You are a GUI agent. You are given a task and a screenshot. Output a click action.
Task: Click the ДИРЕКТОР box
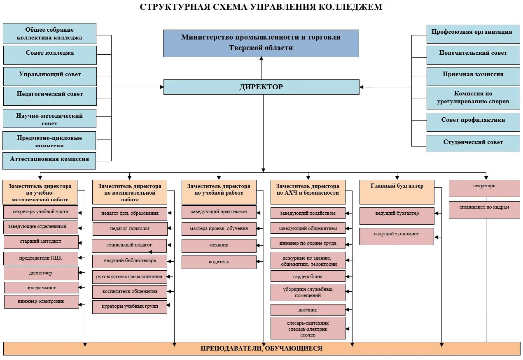[261, 87]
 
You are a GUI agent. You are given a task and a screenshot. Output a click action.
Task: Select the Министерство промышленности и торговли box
[261, 43]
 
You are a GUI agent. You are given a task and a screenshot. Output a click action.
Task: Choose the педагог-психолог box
[130, 229]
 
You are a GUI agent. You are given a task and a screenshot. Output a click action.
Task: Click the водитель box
[219, 262]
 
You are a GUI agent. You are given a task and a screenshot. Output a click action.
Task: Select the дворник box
[308, 310]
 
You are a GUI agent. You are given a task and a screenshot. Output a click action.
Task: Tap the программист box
[41, 288]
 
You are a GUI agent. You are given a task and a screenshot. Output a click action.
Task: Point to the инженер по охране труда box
[308, 243]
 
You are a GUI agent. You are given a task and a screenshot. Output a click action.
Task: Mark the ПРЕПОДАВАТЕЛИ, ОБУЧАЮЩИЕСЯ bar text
[261, 348]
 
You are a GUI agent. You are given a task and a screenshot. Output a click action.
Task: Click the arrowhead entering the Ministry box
[261, 59]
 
